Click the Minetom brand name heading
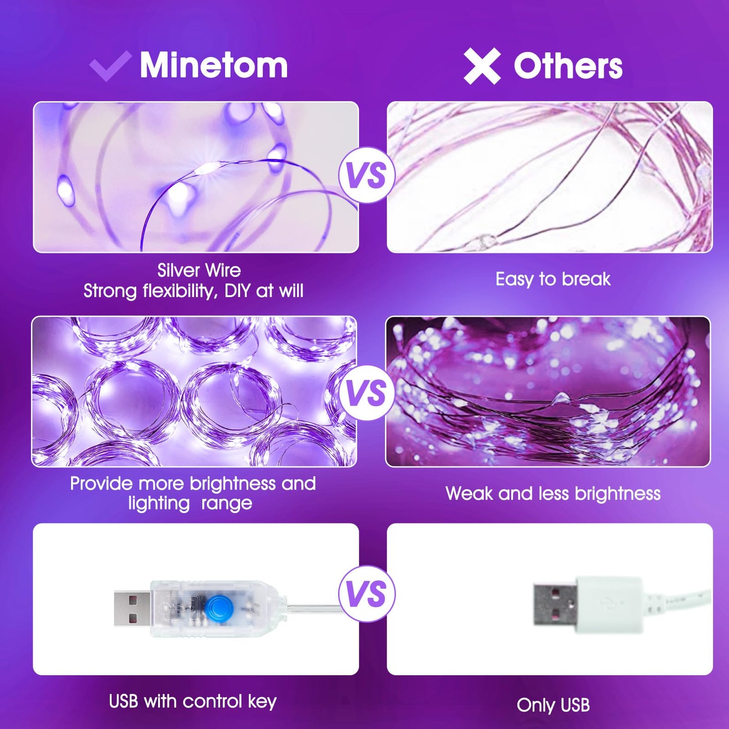pos(213,65)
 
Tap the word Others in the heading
pos(568,66)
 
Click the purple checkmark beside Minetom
pos(110,66)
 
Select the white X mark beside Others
pos(482,66)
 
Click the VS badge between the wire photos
pos(367,175)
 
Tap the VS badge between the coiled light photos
pos(367,393)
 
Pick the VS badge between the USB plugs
pos(367,593)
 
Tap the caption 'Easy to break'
pos(553,279)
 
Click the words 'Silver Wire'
pos(199,270)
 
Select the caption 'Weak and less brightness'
pos(553,493)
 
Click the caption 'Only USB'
pos(553,705)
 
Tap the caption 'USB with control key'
pos(193,701)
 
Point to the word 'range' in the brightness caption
pos(227,503)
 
